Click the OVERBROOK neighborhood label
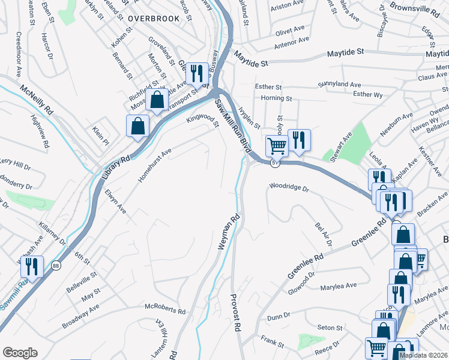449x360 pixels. [x=154, y=18]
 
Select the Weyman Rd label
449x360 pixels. [x=229, y=232]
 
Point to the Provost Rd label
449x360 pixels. [x=237, y=311]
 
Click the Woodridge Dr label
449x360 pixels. [x=289, y=188]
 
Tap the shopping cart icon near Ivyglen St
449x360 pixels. [x=276, y=145]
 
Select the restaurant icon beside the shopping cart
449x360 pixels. [x=299, y=140]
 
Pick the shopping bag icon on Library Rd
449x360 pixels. [x=137, y=126]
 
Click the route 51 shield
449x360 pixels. [x=274, y=163]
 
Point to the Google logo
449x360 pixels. [x=20, y=352]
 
